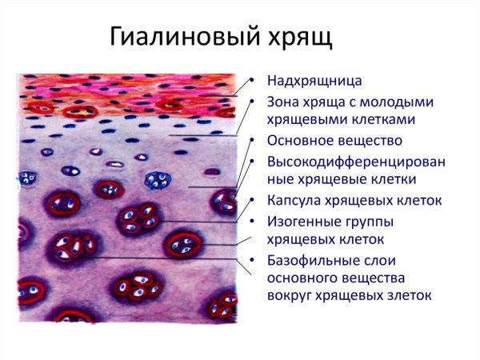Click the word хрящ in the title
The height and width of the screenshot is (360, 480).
(300, 38)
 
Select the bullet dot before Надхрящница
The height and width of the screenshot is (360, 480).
(253, 82)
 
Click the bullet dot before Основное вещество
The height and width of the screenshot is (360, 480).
(253, 142)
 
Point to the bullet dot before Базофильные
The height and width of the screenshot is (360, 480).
(253, 261)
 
